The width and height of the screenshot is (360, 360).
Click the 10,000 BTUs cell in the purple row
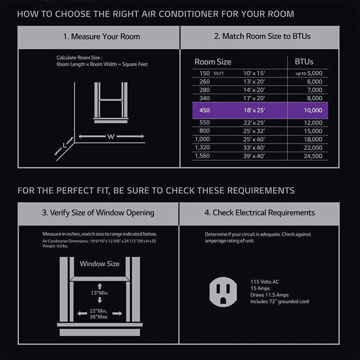tap(313, 110)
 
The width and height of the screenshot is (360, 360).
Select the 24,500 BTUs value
tap(313, 156)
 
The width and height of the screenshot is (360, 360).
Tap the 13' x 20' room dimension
tap(254, 81)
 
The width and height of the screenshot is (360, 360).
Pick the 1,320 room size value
tap(202, 148)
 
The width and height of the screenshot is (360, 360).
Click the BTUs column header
tap(304, 62)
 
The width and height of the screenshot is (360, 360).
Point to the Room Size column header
tap(213, 62)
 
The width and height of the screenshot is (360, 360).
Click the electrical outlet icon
tap(223, 292)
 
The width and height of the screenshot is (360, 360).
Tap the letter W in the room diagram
tap(111, 137)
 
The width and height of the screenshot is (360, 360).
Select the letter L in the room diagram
tap(65, 145)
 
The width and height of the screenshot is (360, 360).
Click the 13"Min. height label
tap(99, 293)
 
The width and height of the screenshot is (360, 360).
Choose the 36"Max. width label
tap(99, 317)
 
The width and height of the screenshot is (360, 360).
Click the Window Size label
tap(99, 264)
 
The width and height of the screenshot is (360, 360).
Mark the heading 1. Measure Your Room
tap(102, 36)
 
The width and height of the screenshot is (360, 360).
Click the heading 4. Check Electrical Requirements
tap(260, 213)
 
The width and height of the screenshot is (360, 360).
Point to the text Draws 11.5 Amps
tap(270, 295)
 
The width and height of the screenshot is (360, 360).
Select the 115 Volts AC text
tap(265, 282)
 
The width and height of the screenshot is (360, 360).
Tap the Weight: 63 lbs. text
tap(55, 246)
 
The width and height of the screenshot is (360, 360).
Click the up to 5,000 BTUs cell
tap(309, 73)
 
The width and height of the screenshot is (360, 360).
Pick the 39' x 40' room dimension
tap(254, 156)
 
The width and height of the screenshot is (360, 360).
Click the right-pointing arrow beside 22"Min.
tap(117, 313)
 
